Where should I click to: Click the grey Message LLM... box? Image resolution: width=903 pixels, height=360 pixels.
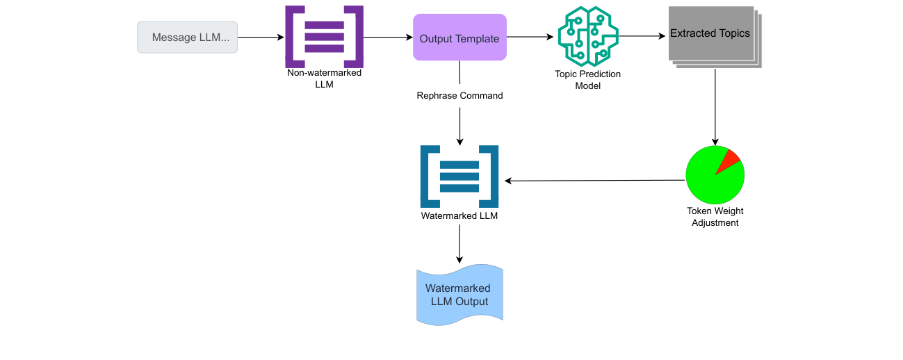pos(187,38)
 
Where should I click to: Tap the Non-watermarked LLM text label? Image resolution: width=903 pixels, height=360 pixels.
pos(324,78)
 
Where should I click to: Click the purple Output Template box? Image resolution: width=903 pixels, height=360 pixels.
pos(459,38)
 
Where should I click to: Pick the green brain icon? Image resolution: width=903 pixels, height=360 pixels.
pos(587,37)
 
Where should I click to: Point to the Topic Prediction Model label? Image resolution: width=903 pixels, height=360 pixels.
pos(587,80)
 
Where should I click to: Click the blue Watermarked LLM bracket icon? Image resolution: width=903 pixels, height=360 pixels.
pos(459,177)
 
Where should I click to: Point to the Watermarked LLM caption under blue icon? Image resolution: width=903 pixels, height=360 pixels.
pos(459,216)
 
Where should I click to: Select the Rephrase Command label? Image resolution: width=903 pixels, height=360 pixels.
pos(459,96)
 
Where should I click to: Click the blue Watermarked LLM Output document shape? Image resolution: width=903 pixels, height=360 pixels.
pos(459,295)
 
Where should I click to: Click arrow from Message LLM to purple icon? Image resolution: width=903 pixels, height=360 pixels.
pos(261,38)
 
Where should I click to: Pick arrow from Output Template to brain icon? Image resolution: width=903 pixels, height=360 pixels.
pos(532,38)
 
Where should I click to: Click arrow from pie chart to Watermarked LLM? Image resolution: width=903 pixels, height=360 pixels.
pos(594,181)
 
